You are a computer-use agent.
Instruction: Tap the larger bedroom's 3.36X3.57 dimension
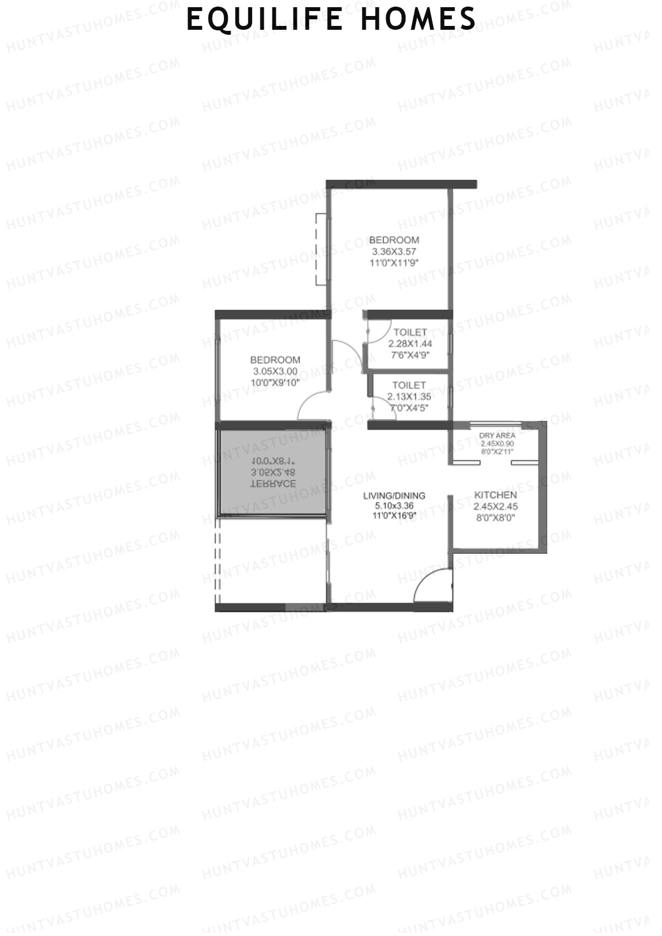tap(394, 252)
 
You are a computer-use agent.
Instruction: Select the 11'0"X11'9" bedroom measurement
tap(394, 263)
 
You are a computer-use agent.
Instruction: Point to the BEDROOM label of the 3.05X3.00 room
tap(275, 360)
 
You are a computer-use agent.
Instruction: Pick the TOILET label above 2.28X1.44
tap(410, 332)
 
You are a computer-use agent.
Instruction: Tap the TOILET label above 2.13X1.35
tap(409, 385)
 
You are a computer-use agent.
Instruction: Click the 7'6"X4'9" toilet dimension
tap(410, 355)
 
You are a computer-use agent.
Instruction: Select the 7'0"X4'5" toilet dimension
tap(409, 408)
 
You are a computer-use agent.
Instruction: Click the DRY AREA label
tap(497, 435)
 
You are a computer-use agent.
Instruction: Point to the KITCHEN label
tap(495, 495)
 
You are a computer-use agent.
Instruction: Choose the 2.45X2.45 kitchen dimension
tap(495, 506)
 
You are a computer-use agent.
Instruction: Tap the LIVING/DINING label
tap(394, 495)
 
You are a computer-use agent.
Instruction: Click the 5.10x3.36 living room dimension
tap(394, 506)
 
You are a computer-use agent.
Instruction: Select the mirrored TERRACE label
tap(274, 484)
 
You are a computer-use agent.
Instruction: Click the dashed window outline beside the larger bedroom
tap(319, 249)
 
